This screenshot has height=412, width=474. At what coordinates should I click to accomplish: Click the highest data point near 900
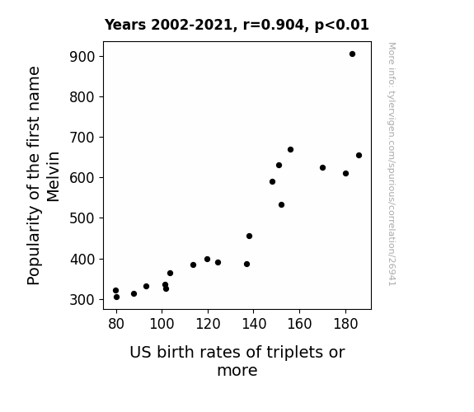coord(352,54)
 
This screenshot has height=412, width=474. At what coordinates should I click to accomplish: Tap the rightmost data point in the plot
coord(359,156)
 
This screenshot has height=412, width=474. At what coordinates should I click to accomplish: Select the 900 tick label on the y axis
coord(82,57)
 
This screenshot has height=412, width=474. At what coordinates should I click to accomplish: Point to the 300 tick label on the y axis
coord(82,300)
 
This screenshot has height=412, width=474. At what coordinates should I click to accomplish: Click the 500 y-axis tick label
coord(82,218)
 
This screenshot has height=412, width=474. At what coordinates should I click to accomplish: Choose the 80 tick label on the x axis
coord(116,324)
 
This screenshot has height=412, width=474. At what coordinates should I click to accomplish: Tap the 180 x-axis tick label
coord(345,324)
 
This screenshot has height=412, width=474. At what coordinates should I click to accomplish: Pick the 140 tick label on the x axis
coord(254,324)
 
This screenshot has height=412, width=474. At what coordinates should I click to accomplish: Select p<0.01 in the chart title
coord(342,25)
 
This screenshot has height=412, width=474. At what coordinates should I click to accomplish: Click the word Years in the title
coord(125,25)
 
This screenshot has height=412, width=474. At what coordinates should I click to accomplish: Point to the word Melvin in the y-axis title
coord(53,176)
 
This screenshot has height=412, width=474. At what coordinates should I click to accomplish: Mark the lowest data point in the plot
coord(117,297)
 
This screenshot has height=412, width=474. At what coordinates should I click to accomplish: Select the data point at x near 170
coord(322,168)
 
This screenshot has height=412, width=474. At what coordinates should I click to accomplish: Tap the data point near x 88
coord(134,294)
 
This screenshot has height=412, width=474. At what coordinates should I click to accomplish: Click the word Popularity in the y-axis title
coord(33,245)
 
